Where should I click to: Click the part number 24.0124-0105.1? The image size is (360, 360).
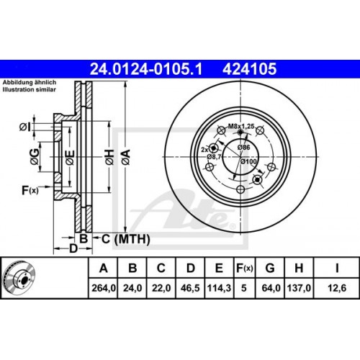point(146,69)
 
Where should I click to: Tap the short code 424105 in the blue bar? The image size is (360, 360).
point(250,69)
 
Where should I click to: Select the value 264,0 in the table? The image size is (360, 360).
point(104,288)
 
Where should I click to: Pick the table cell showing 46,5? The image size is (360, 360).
point(190,288)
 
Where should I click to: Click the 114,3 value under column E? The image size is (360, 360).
point(219,288)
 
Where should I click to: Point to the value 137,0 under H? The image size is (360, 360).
point(299,288)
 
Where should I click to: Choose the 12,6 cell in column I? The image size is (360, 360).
point(337,288)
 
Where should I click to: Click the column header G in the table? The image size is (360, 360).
point(270,268)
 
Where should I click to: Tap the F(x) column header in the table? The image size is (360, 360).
point(245,268)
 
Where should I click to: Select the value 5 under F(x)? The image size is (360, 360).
point(244,288)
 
